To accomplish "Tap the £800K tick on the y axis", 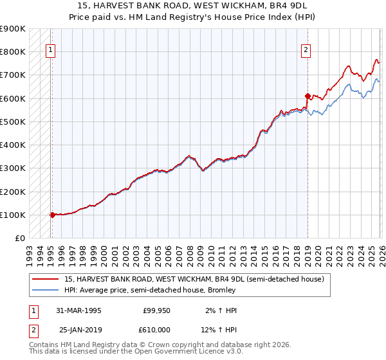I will pyautogui.click(x=13, y=51).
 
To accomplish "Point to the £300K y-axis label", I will pyautogui.click(x=13, y=168).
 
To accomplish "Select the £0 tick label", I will pyautogui.click(x=19, y=239).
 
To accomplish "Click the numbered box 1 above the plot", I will pyautogui.click(x=50, y=50).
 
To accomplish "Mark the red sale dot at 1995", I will pyautogui.click(x=52, y=215).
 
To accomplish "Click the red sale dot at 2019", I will pyautogui.click(x=308, y=96).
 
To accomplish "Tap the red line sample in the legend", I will pyautogui.click(x=46, y=279).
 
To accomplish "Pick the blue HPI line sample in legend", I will pyautogui.click(x=46, y=290).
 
